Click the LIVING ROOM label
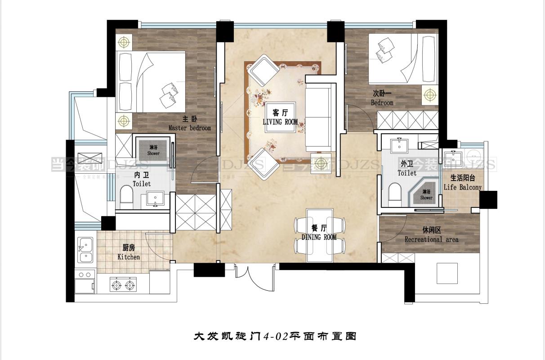pos(280,121)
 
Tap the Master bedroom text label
pos(189,128)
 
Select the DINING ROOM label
pos(319,237)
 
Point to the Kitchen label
pos(129,257)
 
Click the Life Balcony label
pos(462,187)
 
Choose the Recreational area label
pos(431,239)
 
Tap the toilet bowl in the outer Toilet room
pos(394,193)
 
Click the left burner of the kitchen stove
pos(116,284)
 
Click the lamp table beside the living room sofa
pos(321,163)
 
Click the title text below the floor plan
pos(275,336)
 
